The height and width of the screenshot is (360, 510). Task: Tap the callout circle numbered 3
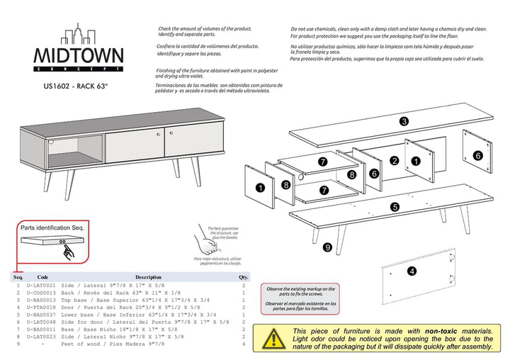(403, 121)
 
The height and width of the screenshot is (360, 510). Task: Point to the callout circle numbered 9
(327, 247)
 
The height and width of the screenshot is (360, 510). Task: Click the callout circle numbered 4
(412, 271)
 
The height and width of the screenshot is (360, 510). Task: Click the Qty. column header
(244, 277)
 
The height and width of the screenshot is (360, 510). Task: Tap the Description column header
(148, 277)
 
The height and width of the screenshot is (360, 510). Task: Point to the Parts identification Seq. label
(52, 228)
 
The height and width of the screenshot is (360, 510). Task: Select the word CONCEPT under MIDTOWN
(79, 69)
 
